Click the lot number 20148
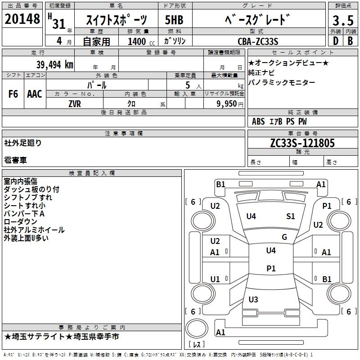coord(22,19)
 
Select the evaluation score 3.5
coord(343,21)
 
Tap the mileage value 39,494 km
coord(54,65)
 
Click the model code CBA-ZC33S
coord(258,41)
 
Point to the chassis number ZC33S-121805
coord(302,143)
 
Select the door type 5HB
coord(174,20)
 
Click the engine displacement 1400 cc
coord(141,41)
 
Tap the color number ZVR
coord(75,104)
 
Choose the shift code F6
coord(13,94)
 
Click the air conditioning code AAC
coord(35,94)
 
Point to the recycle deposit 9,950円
coord(230,104)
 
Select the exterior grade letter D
coord(336,41)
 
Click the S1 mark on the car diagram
coord(290,216)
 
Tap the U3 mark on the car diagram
coord(253,299)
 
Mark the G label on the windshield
coord(284,237)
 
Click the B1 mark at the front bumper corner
coord(220,184)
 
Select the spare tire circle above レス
coord(197,328)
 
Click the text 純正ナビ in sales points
coord(261,73)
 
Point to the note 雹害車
coord(15,160)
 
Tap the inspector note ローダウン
coord(20,222)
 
